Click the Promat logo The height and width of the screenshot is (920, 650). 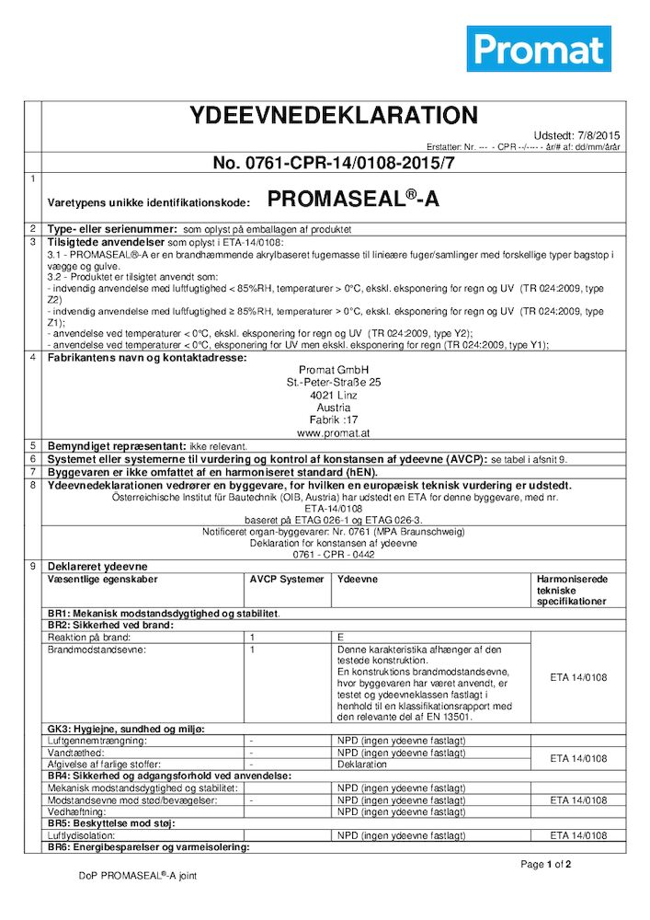(x=539, y=48)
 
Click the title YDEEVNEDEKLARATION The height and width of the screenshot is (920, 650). (x=333, y=116)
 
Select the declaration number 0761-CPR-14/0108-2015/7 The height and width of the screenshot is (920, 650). (x=334, y=163)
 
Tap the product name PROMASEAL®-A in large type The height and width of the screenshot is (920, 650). (x=352, y=200)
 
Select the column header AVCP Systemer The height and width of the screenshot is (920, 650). (x=287, y=580)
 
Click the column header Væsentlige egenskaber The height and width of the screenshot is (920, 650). (x=103, y=580)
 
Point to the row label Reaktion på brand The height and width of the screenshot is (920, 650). (x=87, y=637)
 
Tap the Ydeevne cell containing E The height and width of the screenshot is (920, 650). (x=341, y=637)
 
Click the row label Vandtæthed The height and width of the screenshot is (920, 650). (x=75, y=753)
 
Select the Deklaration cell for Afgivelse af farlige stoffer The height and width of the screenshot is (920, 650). (x=362, y=764)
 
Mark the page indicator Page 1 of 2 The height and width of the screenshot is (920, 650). (x=546, y=865)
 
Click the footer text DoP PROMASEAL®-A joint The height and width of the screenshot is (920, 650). (x=138, y=876)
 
